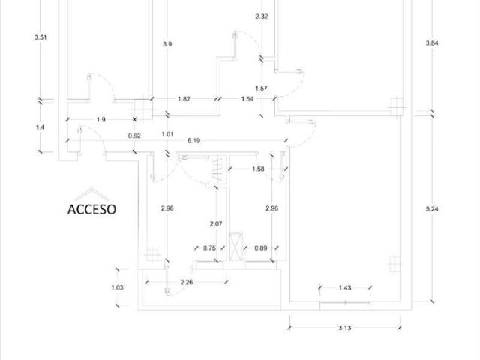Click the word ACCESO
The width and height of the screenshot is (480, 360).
pyautogui.click(x=91, y=210)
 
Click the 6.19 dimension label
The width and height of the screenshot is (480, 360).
pyautogui.click(x=193, y=140)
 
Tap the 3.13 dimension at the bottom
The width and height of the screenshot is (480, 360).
pyautogui.click(x=345, y=328)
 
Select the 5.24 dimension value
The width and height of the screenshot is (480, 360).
pyautogui.click(x=432, y=209)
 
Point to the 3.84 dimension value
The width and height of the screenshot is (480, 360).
pyautogui.click(x=432, y=43)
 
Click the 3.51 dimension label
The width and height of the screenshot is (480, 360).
pyautogui.click(x=40, y=37)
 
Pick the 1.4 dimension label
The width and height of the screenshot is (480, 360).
pyautogui.click(x=40, y=127)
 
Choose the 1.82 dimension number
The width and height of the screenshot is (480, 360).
pyautogui.click(x=184, y=99)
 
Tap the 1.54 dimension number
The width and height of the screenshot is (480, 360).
pyautogui.click(x=247, y=99)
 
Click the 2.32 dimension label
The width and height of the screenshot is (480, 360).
pyautogui.click(x=262, y=16)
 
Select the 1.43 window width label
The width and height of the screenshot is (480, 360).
pyautogui.click(x=345, y=287)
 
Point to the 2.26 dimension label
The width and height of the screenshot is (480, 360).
pyautogui.click(x=187, y=282)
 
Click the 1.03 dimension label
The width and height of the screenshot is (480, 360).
pyautogui.click(x=117, y=287)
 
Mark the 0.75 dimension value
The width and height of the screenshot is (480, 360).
pyautogui.click(x=210, y=248)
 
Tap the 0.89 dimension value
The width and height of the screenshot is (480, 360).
pyautogui.click(x=261, y=248)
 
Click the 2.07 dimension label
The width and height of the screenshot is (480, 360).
pyautogui.click(x=216, y=224)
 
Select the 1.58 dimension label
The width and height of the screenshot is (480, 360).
pyautogui.click(x=258, y=169)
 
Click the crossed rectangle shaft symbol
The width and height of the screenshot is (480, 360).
pyautogui.click(x=236, y=247)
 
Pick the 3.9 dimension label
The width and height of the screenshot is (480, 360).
pyautogui.click(x=167, y=44)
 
